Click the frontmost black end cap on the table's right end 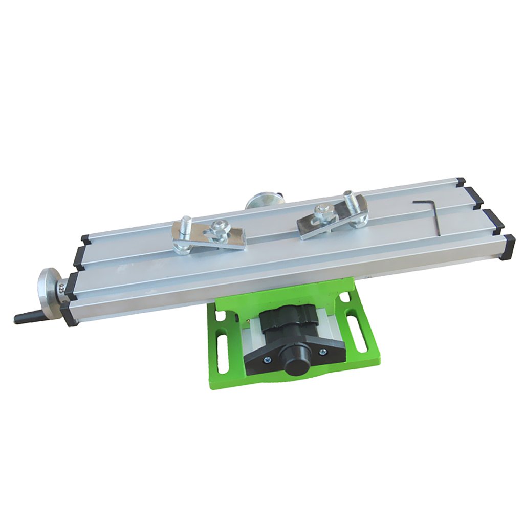point(509,248)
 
